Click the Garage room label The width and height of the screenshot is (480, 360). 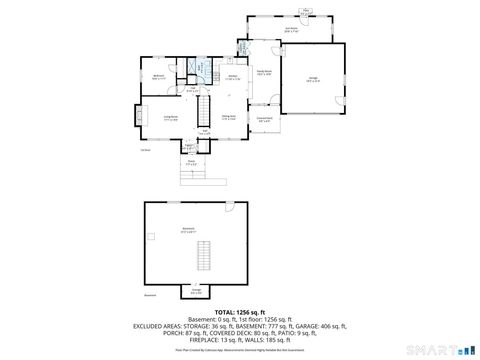(313, 81)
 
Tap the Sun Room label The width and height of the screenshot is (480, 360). (291, 30)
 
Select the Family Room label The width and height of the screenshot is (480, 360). (265, 73)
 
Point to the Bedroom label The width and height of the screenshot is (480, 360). (158, 78)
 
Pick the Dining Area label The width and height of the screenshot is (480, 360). (229, 116)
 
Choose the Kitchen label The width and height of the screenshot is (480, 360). (232, 77)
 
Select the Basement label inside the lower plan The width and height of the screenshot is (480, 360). (188, 231)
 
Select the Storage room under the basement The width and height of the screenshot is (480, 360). (196, 292)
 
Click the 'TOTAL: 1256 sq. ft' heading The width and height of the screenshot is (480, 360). (239, 312)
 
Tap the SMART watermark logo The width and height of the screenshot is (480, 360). (447, 346)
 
